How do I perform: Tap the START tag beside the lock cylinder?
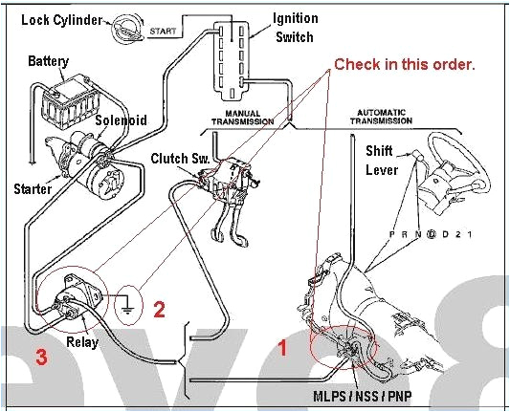tap(163, 32)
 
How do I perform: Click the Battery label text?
tap(48, 61)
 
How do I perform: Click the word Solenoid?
tap(120, 120)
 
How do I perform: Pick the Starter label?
tap(33, 188)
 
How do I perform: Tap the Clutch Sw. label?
tap(174, 157)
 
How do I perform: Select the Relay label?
tap(81, 340)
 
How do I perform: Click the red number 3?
tap(41, 358)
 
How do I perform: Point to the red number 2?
tap(160, 308)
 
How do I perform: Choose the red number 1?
tap(282, 348)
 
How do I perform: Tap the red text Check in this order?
tap(404, 65)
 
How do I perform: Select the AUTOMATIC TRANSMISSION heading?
tap(407, 117)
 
